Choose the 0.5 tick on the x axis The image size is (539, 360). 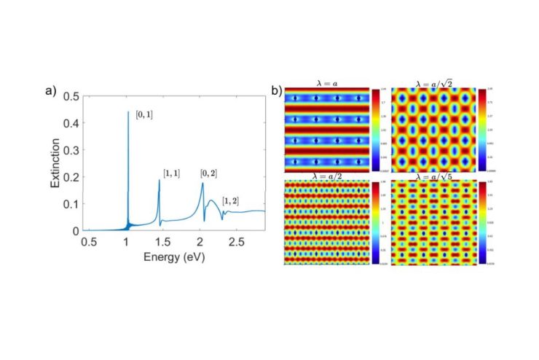pyautogui.click(x=89, y=240)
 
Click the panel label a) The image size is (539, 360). pyautogui.click(x=51, y=91)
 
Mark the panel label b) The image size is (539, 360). pyautogui.click(x=277, y=91)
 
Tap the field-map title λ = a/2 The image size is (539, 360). pyautogui.click(x=327, y=176)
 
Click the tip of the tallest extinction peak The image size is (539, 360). pyautogui.click(x=128, y=111)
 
